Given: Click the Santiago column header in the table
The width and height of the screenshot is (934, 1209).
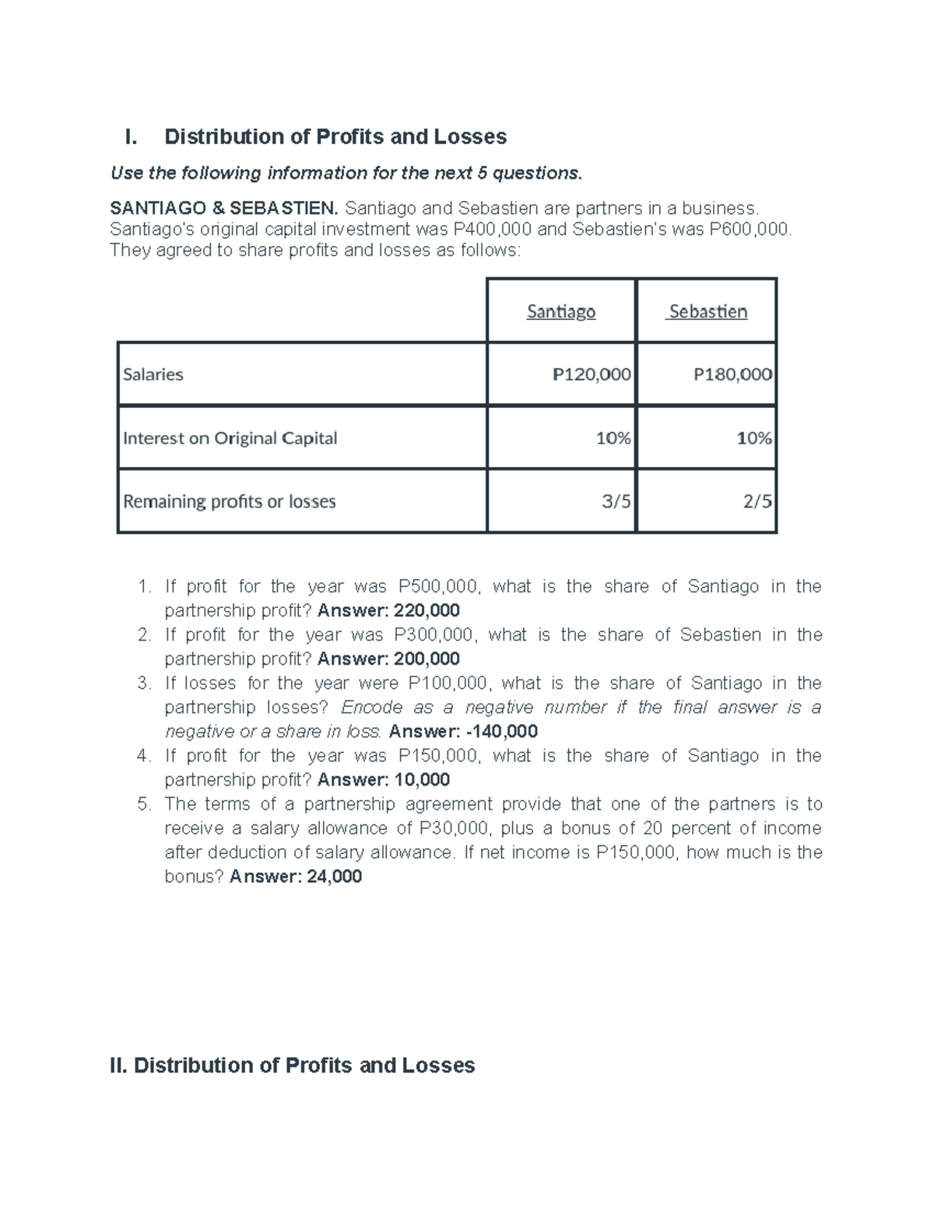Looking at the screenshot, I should point(560,311).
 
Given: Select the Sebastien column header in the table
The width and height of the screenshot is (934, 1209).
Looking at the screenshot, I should point(708,311).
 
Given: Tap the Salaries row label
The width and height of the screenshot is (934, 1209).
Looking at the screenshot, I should point(153,374).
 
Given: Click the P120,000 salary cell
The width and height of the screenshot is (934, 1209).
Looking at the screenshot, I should point(592,374).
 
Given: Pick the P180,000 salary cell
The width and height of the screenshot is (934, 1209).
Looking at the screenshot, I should point(732,374).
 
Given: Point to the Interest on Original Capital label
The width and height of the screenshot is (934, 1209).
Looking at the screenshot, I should point(230,438).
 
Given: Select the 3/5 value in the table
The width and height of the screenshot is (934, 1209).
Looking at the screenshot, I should point(616,501).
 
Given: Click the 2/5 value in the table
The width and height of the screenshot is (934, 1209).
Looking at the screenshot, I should point(757,501).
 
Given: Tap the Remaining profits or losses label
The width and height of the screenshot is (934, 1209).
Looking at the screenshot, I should point(229,501).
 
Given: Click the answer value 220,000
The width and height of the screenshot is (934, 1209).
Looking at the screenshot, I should point(427,610).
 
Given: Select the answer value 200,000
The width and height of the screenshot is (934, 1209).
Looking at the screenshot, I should point(427,659).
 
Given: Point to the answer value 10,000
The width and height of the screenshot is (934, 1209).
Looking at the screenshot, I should point(423,779).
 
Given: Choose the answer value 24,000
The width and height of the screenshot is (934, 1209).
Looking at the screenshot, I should point(335,877).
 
